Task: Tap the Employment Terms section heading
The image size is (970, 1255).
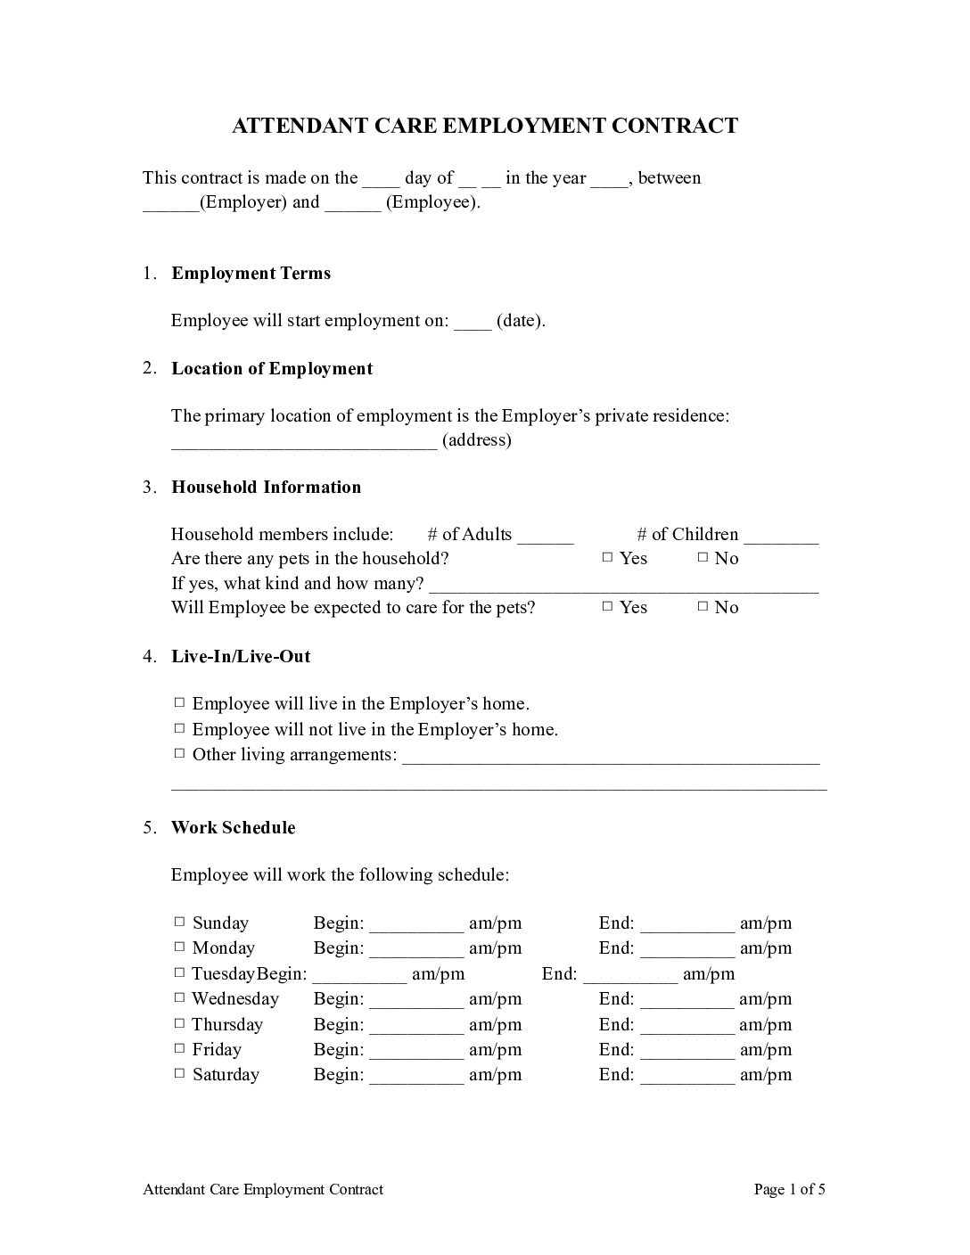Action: click(251, 274)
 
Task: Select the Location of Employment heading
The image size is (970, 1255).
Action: click(272, 369)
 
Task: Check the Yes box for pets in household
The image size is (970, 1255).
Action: click(607, 558)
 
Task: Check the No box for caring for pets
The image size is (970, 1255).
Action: click(703, 607)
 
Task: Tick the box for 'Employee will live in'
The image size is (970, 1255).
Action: click(180, 703)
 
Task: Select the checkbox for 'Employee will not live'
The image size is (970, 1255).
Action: click(180, 729)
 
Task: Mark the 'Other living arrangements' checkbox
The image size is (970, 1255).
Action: click(180, 754)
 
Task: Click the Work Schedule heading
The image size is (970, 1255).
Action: click(233, 828)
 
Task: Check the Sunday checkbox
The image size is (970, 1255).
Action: click(180, 923)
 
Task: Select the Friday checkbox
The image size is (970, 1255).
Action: click(180, 1049)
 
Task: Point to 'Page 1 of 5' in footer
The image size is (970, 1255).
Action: click(789, 1190)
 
